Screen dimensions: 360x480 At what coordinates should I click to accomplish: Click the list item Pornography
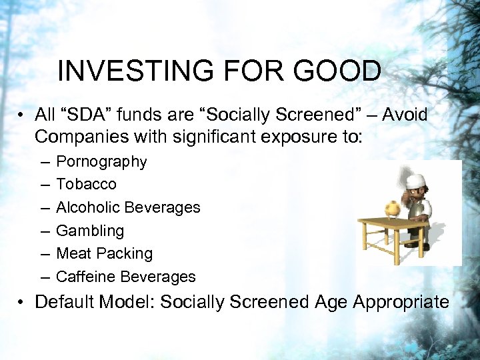coord(101,161)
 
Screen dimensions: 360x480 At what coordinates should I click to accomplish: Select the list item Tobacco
coord(86,184)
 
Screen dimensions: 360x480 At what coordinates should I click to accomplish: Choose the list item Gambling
coord(90,231)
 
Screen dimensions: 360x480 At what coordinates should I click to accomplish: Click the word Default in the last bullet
coord(64,302)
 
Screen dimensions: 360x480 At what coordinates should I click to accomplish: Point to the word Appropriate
coord(401,302)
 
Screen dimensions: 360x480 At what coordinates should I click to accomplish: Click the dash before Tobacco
coord(44,185)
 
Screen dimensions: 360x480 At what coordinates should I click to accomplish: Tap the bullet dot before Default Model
coord(23,302)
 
